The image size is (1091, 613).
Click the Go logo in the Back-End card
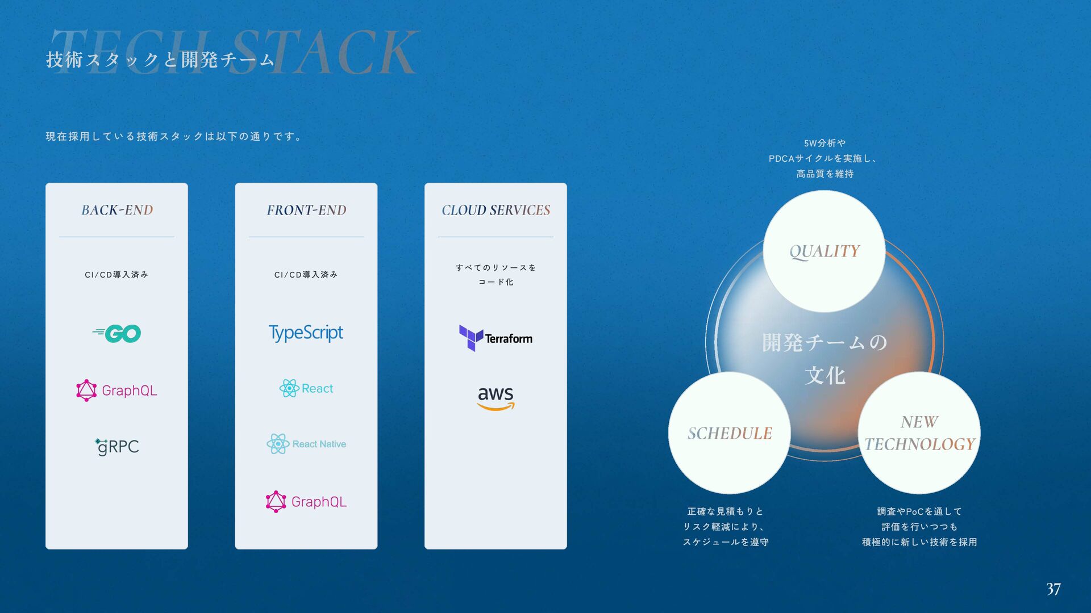coord(117,333)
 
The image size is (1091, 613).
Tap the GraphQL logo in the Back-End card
coord(117,391)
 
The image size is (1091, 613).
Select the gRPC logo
coord(117,447)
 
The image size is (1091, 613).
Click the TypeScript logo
coord(306,333)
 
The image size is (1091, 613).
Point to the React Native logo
coord(306,444)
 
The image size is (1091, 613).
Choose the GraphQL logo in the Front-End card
coord(306,502)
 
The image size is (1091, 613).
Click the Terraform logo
coord(495,338)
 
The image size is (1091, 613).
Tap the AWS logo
coord(495,397)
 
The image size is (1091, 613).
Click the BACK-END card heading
coord(117,210)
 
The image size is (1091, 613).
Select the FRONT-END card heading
coord(306,210)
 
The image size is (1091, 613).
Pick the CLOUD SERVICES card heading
coord(495,210)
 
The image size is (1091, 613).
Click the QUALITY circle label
coord(824,251)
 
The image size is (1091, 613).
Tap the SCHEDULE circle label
coord(730,434)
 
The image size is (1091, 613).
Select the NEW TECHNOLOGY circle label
coord(919,433)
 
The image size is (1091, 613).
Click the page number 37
coord(1053,589)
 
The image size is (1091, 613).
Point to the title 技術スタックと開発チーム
coord(160,60)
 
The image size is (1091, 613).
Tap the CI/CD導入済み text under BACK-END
coord(116,275)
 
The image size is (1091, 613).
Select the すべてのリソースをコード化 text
coord(495,275)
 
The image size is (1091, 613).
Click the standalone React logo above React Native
coord(306,388)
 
